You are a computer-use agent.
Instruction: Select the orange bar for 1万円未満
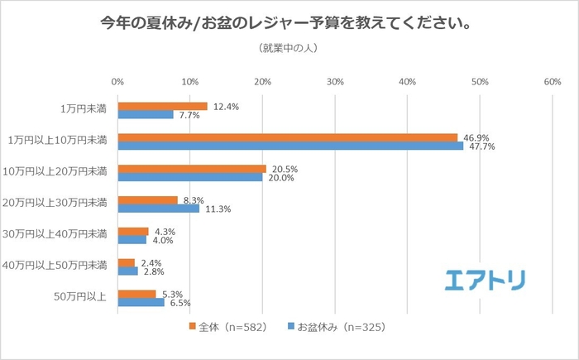[162, 106]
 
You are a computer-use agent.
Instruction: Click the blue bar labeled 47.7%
[290, 146]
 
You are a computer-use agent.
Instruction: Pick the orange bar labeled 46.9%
[287, 137]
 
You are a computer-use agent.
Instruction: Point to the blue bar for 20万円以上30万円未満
[159, 209]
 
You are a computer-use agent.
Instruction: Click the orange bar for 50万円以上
[136, 294]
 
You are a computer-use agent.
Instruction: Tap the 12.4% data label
[227, 106]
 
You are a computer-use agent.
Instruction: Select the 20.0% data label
[283, 178]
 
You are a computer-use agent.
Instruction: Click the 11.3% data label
[218, 209]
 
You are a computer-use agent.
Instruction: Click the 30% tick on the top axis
[335, 82]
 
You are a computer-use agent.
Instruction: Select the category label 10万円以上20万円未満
[55, 172]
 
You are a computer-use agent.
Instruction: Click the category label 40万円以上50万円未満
[55, 266]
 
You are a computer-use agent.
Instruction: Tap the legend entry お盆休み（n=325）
[336, 327]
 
